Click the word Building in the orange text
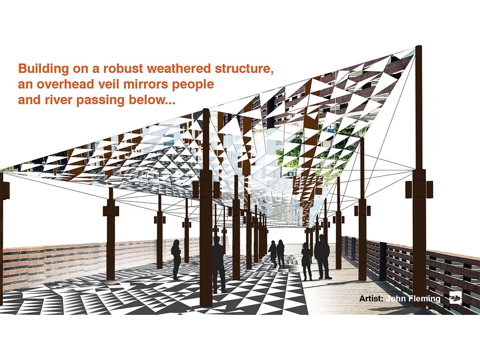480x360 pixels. (43, 69)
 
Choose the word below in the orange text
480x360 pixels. (148, 100)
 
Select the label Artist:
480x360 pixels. (371, 298)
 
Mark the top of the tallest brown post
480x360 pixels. (418, 46)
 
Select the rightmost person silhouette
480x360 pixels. (322, 257)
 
